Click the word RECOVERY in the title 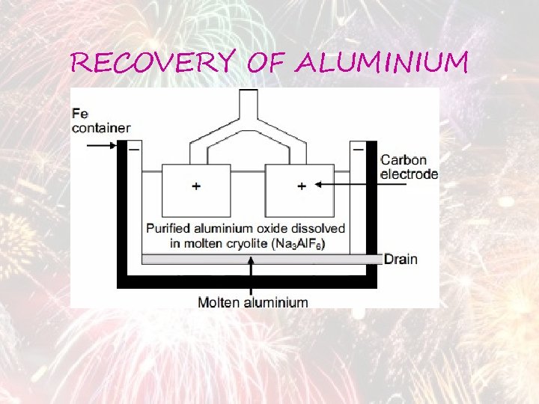click(153, 64)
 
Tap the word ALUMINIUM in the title click(381, 64)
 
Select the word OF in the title click(266, 64)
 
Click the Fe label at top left click(80, 114)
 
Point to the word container click(102, 128)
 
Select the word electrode click(409, 174)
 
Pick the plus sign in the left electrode click(196, 186)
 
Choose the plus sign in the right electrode click(302, 186)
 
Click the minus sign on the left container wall click(134, 150)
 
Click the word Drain click(401, 260)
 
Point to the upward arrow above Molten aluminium click(252, 277)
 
